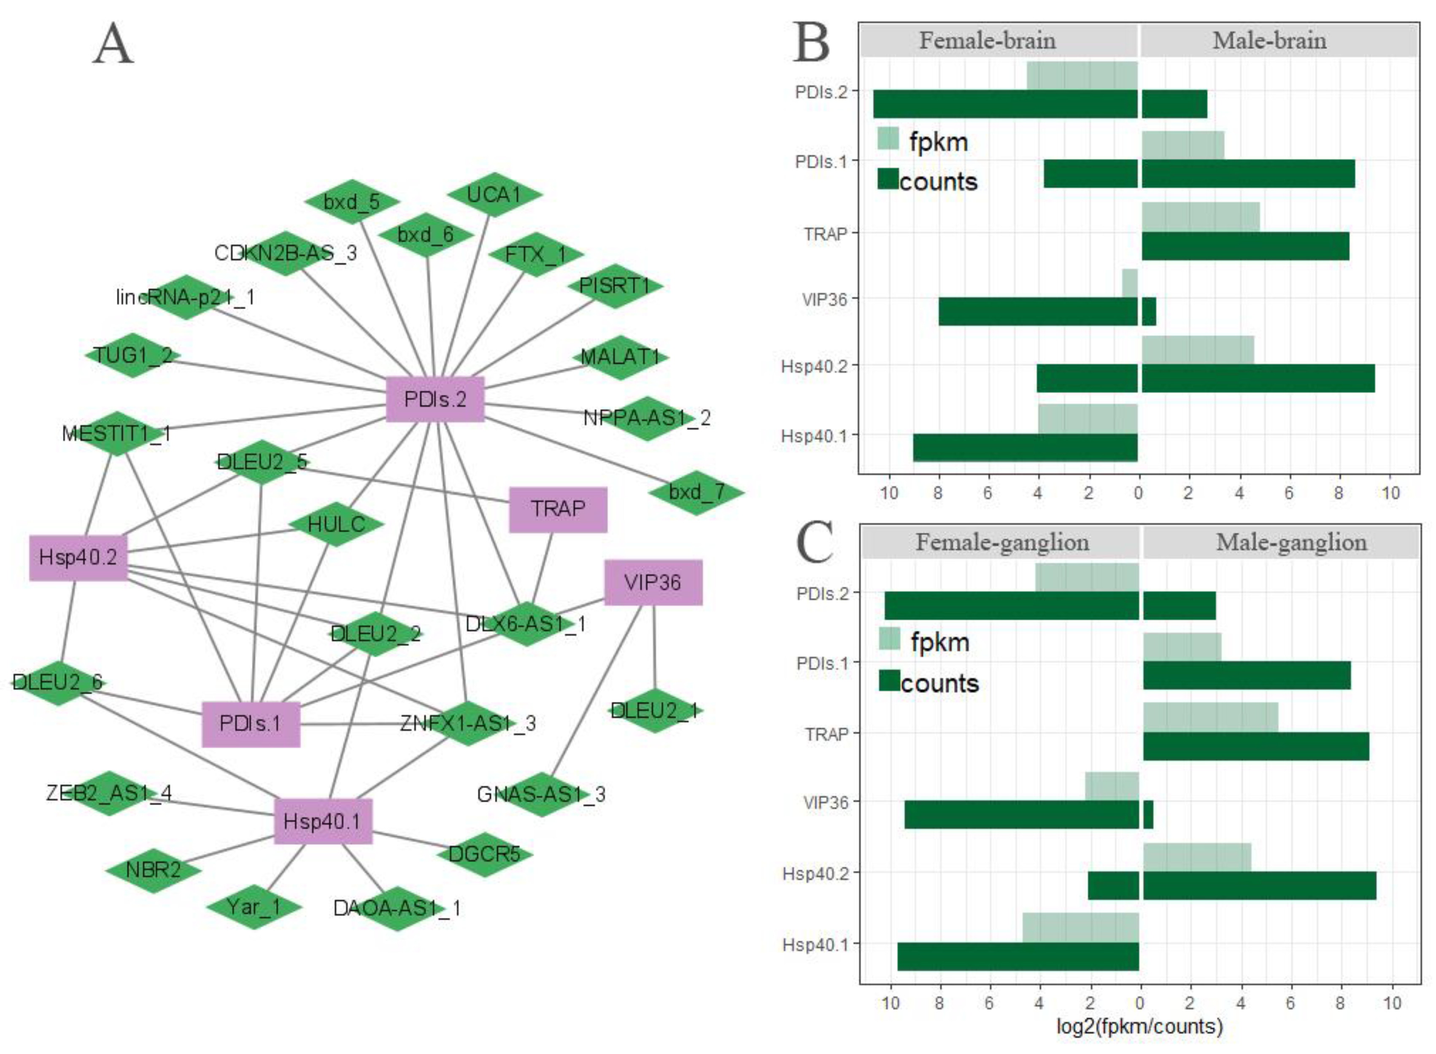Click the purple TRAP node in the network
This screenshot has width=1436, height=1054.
(557, 509)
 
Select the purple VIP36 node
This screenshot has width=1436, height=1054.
(652, 582)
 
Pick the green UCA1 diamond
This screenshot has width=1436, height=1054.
(494, 194)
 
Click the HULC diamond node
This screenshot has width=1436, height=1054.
(336, 524)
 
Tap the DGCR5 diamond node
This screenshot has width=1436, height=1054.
(484, 854)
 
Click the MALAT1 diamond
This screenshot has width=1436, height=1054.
(620, 357)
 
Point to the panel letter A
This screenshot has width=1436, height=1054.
(113, 45)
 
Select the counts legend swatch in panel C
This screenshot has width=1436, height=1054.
(889, 680)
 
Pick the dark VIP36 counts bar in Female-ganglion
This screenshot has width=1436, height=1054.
(1021, 814)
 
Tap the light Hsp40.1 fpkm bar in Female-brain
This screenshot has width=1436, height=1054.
(1088, 418)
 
